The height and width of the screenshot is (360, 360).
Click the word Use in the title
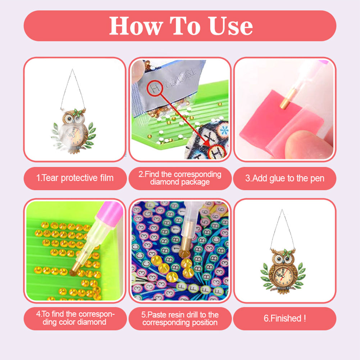230,26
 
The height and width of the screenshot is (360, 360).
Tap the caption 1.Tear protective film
75,178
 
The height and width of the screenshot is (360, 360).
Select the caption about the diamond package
180,178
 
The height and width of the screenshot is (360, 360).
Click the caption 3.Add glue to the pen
284,178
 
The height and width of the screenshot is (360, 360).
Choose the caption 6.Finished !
284,318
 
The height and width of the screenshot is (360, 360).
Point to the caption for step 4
75,318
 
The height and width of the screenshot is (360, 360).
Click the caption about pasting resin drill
180,318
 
